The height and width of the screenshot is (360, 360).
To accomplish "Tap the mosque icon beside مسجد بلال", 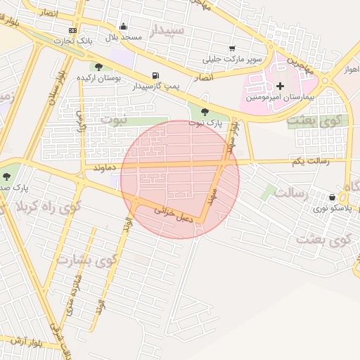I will click(124, 27).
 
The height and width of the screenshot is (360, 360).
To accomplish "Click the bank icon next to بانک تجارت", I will click(73, 31).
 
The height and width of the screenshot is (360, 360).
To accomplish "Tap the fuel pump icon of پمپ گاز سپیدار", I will click(155, 75).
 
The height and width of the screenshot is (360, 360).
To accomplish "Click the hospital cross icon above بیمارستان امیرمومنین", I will click(280, 85).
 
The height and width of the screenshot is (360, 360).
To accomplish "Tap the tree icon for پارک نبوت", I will click(204, 112).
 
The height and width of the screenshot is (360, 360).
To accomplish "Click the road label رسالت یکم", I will click(306, 161).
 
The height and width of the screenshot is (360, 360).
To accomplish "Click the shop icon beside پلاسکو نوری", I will click(332, 197).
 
